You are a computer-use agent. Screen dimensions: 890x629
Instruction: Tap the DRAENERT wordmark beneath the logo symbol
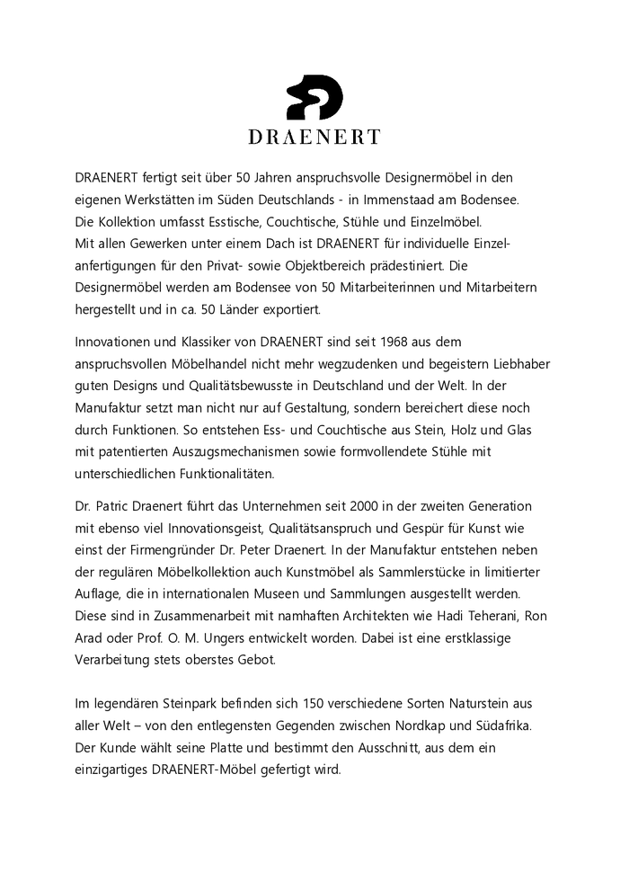[314, 137]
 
